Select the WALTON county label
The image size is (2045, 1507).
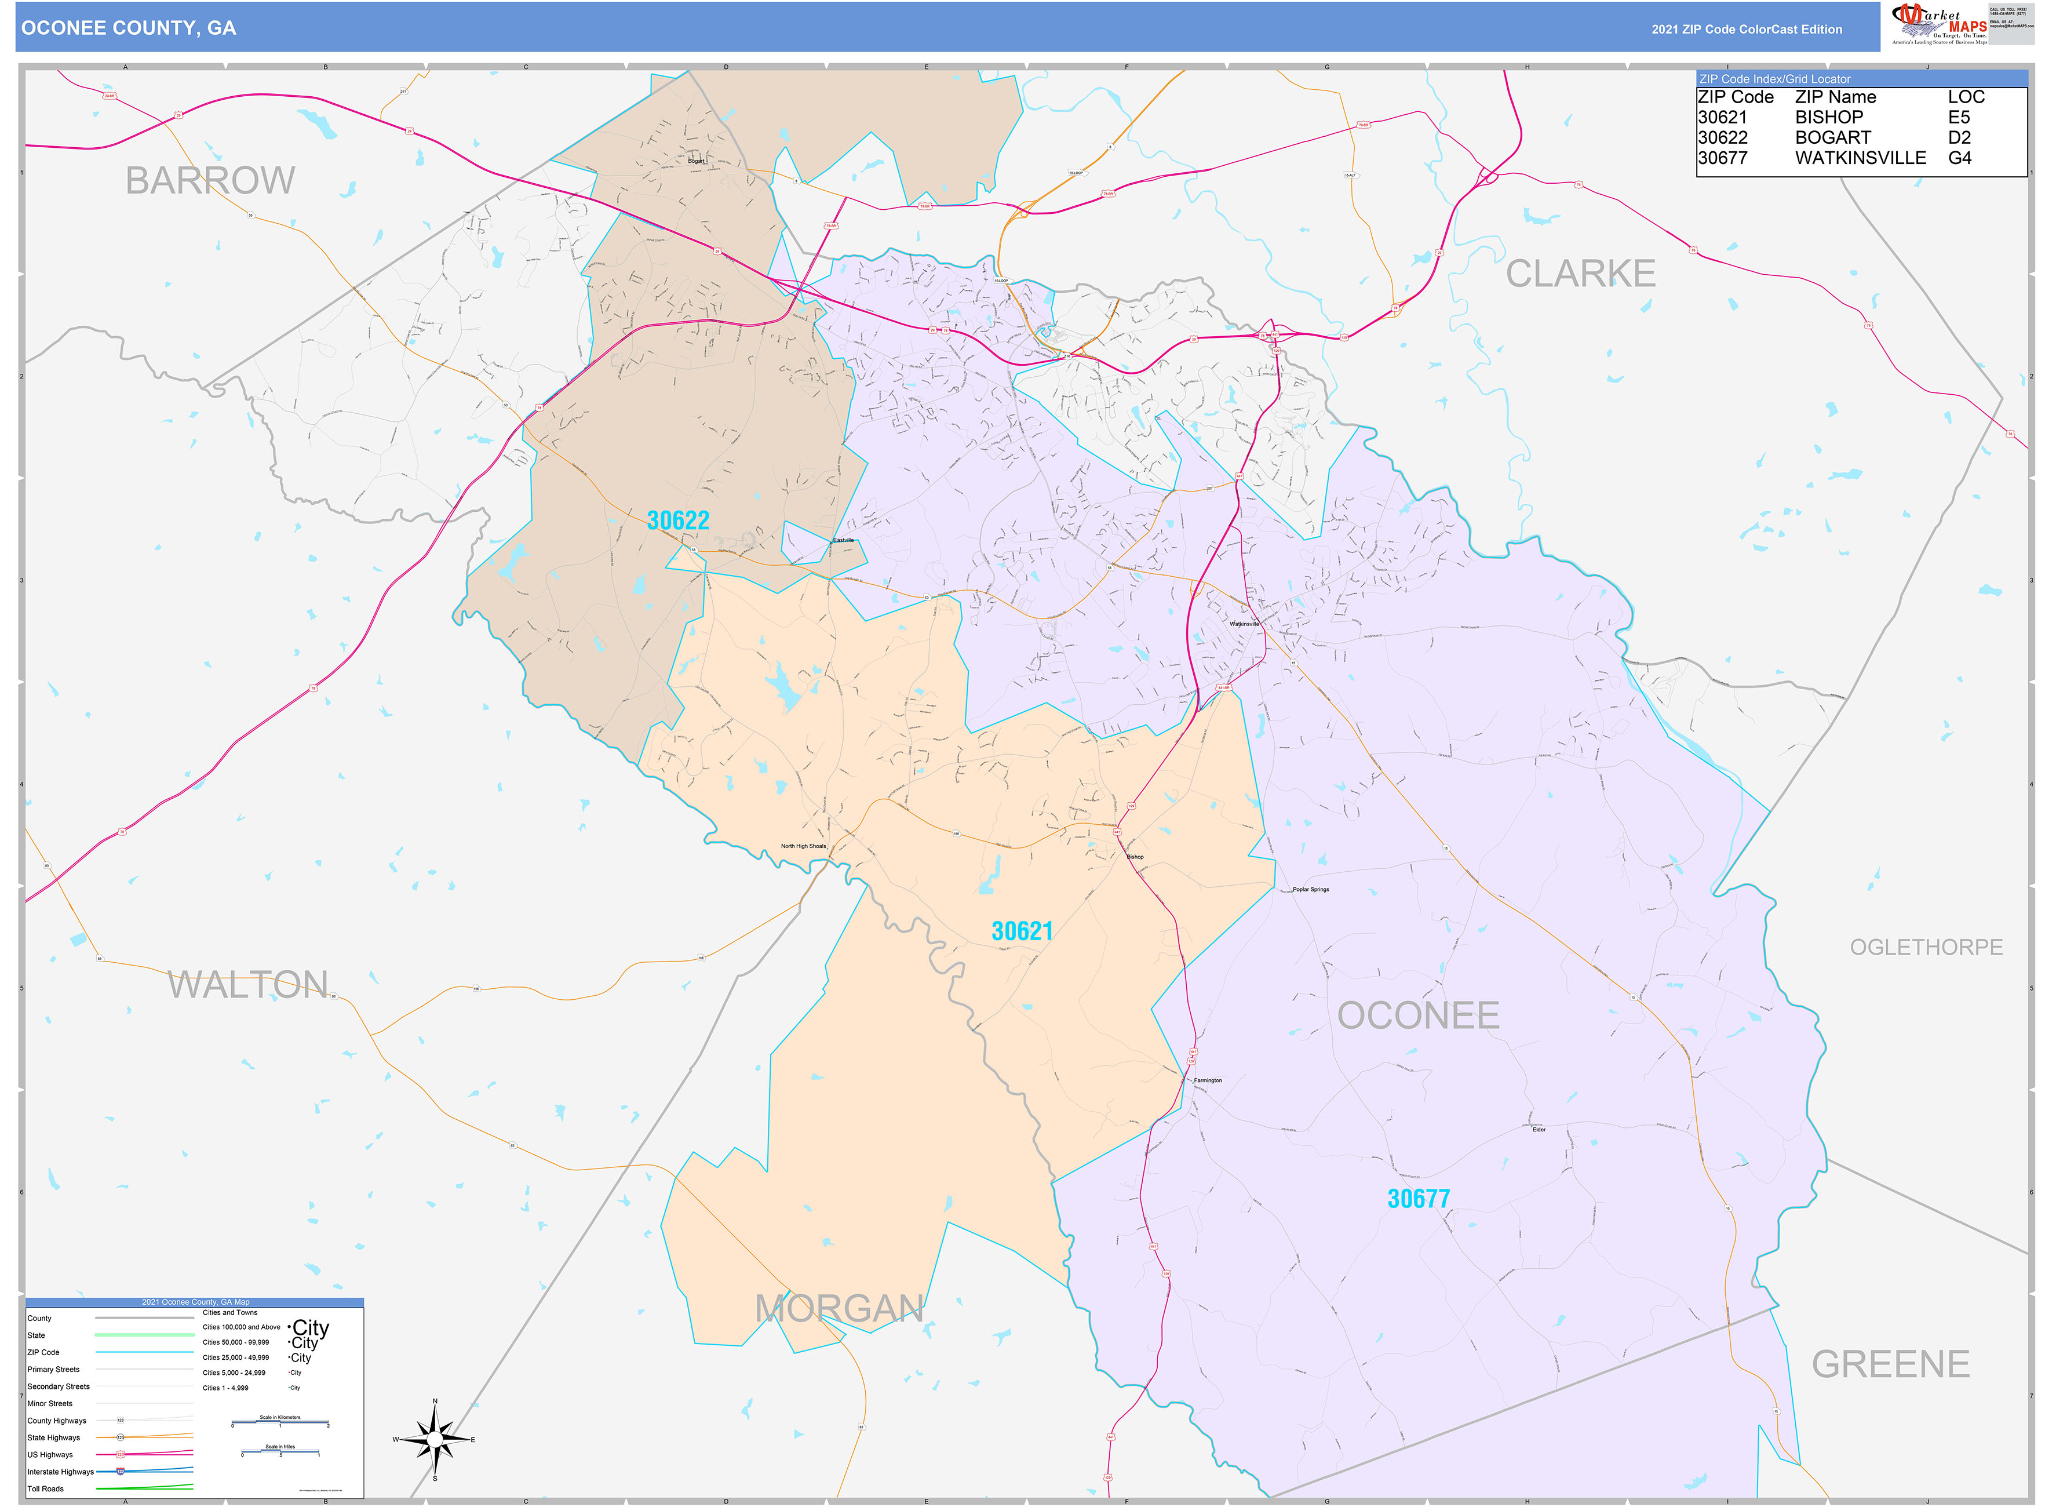[247, 985]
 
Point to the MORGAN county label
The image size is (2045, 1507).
[839, 1309]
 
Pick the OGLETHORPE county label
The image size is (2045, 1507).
[1926, 948]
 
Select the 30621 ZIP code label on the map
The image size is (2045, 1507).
[1022, 931]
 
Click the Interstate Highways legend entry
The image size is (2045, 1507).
[60, 1472]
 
